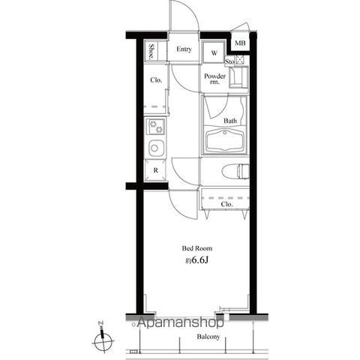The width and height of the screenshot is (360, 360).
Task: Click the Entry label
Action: (x=184, y=49)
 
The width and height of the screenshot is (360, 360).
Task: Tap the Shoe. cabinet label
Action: (x=151, y=52)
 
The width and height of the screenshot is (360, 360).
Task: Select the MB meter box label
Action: (x=240, y=43)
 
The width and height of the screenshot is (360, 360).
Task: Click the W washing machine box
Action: (x=214, y=52)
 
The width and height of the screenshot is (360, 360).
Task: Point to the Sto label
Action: (x=229, y=61)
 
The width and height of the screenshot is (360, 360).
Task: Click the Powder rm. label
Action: (x=214, y=79)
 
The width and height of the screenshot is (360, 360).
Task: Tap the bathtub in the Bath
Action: (x=225, y=140)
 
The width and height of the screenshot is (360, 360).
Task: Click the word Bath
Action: (x=230, y=121)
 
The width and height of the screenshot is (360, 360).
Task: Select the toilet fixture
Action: (x=235, y=171)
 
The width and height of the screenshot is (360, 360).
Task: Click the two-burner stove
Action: (x=155, y=127)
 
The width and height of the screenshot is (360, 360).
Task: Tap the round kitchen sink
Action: (x=155, y=148)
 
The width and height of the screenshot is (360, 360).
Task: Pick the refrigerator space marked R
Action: (x=155, y=170)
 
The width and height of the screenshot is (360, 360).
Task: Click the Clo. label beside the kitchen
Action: (x=156, y=80)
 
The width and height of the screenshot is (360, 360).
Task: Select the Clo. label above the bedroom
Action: (x=226, y=204)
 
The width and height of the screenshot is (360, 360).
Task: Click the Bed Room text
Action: (x=197, y=248)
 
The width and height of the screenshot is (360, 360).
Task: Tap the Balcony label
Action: (x=208, y=337)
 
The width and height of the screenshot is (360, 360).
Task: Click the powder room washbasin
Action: (x=238, y=77)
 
